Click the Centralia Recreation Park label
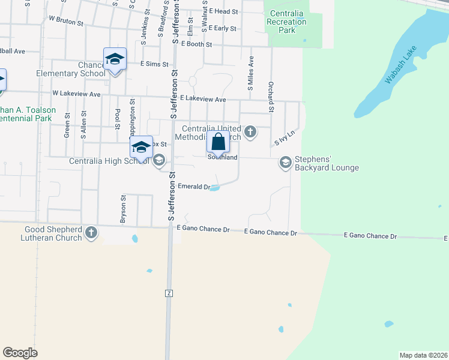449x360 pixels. pos(288,22)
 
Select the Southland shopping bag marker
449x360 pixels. pos(218,143)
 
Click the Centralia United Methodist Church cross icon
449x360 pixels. pos(250,131)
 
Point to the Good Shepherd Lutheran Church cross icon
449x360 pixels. pos(91,233)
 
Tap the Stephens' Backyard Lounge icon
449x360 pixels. pos(286,162)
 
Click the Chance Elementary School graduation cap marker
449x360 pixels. pos(115,59)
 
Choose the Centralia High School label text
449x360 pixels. pos(109,161)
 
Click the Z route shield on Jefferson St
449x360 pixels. pos(169,293)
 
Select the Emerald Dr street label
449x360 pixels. pos(193,187)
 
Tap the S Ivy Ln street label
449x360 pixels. pos(286,139)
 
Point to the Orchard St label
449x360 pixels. pos(271,97)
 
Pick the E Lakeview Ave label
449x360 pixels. pos(202,99)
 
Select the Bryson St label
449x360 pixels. pos(123,209)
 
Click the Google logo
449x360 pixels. pos(20,353)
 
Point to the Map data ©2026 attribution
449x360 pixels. pos(423,355)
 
